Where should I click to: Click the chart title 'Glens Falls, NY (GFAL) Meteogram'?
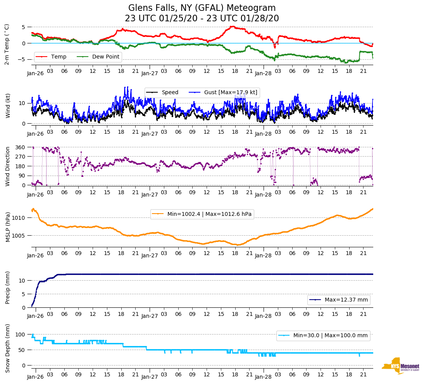click(x=202, y=8)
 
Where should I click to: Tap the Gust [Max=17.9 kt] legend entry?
click(x=231, y=92)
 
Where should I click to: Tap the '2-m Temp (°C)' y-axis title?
click(x=7, y=44)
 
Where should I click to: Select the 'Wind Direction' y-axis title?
click(x=7, y=166)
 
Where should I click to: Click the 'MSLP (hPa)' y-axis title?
click(x=7, y=227)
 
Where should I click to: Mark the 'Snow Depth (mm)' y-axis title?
click(x=7, y=348)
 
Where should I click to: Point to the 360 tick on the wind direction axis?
click(x=21, y=147)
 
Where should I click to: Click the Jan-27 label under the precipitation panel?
click(x=150, y=316)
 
